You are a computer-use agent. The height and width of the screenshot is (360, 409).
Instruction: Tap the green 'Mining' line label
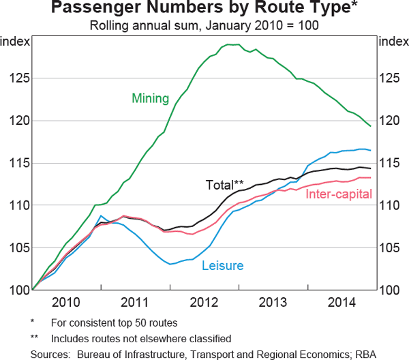[150, 98]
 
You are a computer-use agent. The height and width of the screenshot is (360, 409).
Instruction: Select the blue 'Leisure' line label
[222, 265]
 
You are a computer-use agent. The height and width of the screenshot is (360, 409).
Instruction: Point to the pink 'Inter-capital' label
[338, 194]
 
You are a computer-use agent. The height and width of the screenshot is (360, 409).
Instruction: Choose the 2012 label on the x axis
[204, 303]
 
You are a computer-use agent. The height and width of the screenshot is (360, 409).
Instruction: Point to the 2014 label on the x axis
[342, 303]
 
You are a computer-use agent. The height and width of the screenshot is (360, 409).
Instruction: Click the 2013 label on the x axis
[273, 303]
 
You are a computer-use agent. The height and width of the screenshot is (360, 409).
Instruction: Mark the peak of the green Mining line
[232, 44]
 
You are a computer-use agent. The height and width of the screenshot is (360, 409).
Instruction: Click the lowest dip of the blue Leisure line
[171, 263]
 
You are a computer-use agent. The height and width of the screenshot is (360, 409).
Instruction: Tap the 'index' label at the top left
[15, 42]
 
